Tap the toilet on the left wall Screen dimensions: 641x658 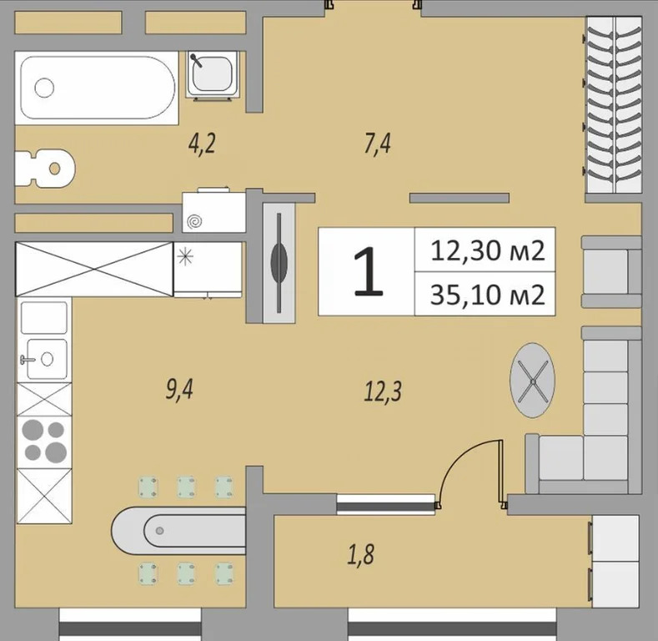(45, 168)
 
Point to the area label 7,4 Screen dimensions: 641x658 (377, 144)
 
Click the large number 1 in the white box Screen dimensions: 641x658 (368, 272)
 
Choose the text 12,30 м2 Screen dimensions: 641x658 (487, 250)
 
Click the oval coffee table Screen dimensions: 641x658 (533, 380)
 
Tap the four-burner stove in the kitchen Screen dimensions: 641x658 (44, 441)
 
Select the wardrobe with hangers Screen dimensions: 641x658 (614, 104)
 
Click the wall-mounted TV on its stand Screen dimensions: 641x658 (279, 261)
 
